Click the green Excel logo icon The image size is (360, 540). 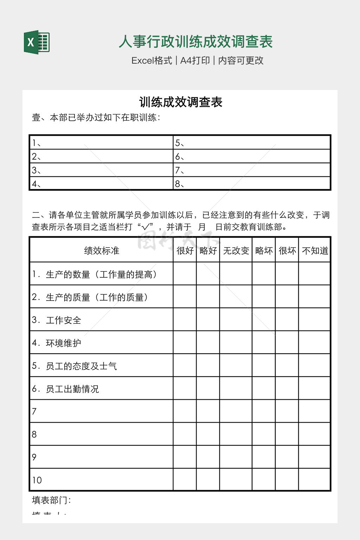(37, 42)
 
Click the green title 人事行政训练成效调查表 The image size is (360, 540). (195, 42)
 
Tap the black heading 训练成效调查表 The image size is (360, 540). (181, 102)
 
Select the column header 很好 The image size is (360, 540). (185, 251)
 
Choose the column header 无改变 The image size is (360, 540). (236, 251)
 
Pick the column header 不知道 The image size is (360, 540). (315, 251)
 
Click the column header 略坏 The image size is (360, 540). (264, 251)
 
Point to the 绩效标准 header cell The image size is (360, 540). (102, 251)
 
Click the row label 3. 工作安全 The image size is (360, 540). (57, 320)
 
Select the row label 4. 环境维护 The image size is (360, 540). (57, 343)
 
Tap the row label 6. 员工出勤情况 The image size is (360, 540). (65, 389)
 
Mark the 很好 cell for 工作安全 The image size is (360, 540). (185, 320)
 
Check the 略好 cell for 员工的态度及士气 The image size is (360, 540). (208, 366)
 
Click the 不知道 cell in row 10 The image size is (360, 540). (315, 480)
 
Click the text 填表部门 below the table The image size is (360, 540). (51, 500)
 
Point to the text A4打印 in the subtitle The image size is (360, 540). (195, 60)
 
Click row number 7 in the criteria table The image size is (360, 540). (34, 411)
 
